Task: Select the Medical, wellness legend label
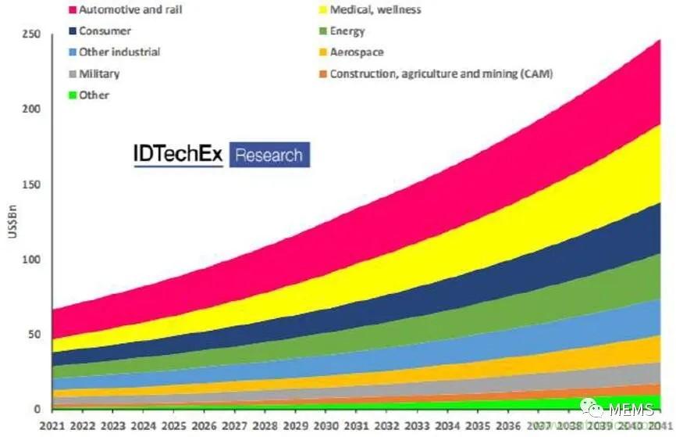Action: tap(375, 10)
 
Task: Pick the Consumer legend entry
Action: tap(105, 31)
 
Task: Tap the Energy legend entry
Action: tap(347, 31)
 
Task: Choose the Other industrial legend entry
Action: tap(119, 52)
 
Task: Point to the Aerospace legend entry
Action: tap(357, 52)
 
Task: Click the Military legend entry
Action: tap(100, 73)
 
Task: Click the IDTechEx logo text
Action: tap(176, 155)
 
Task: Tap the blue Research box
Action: tap(269, 155)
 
